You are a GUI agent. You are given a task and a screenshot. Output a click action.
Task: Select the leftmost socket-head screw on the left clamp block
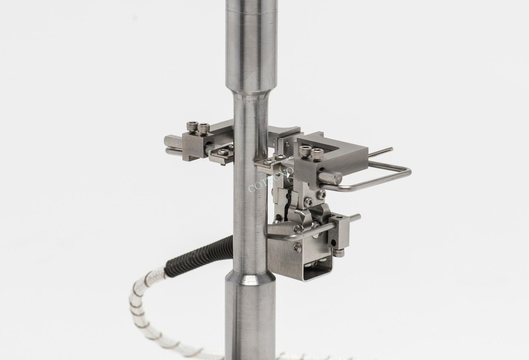coord(192,126)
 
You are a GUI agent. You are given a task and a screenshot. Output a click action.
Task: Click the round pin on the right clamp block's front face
coord(331,178)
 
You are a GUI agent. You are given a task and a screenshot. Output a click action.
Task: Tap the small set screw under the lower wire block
coord(338,253)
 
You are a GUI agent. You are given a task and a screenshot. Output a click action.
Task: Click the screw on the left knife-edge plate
coord(223,152)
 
